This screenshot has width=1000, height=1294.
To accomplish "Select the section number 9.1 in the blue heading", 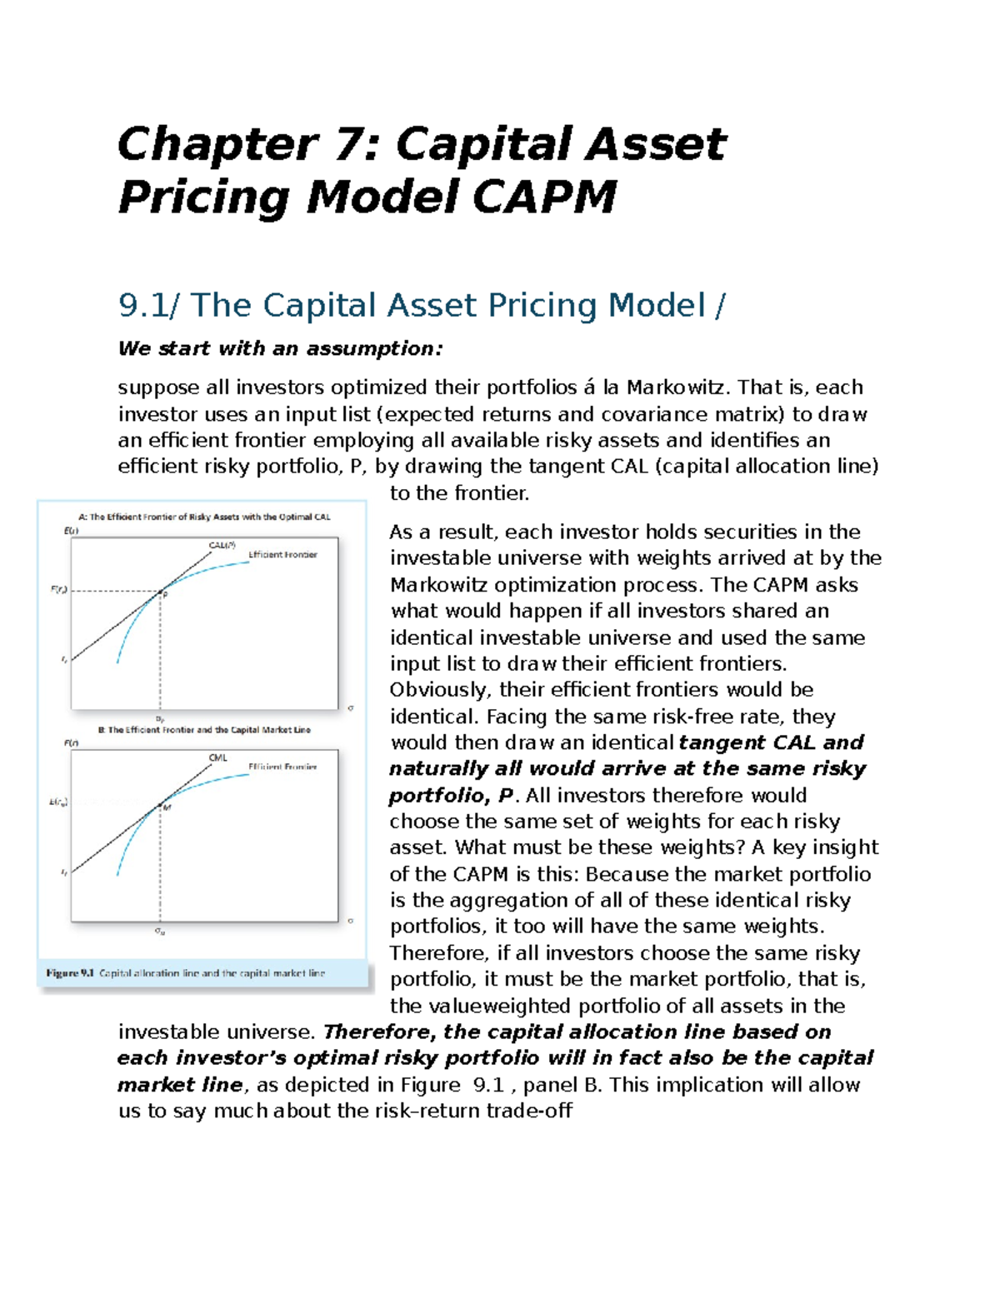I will [x=142, y=305].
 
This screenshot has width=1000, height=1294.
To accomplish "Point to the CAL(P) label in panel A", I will [x=222, y=545].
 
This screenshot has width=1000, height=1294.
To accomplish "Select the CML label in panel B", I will [x=217, y=757].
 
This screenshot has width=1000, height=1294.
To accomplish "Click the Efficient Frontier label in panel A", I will [x=282, y=554].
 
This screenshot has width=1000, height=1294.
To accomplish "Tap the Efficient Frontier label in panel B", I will [x=282, y=767].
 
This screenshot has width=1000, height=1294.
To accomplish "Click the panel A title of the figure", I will [x=204, y=517].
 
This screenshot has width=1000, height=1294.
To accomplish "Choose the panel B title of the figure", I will [x=204, y=730].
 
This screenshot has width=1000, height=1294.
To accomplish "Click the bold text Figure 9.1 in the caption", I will [x=70, y=973].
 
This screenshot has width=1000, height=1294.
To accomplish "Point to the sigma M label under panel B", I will [x=160, y=932].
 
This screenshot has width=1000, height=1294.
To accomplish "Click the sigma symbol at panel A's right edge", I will [x=351, y=708].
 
